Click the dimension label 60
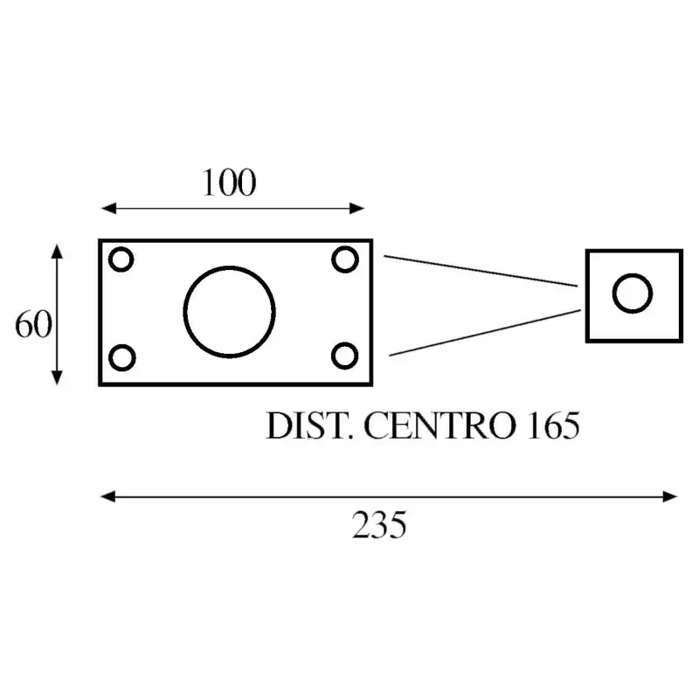33,324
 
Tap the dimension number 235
379,525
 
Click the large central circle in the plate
229,311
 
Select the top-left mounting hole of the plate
121,260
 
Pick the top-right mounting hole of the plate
346,260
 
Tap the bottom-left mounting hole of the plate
122,356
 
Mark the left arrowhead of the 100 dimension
107,208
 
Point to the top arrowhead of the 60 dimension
57,252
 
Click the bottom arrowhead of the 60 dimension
57,377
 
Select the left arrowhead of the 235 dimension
107,496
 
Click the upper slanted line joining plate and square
481,271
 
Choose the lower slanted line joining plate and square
485,332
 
